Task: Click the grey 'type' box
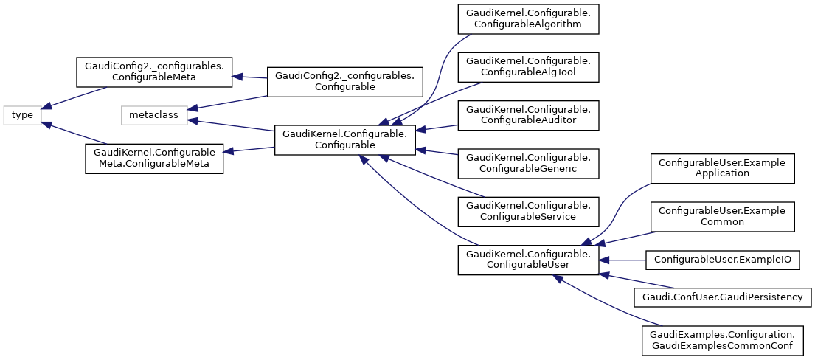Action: (x=22, y=115)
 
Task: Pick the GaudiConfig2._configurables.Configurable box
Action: (x=344, y=81)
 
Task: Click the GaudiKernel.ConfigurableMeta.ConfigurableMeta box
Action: (x=153, y=159)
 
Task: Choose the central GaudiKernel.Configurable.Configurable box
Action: (x=344, y=139)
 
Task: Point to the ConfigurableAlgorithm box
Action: (x=527, y=19)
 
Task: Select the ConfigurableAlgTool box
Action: (x=527, y=66)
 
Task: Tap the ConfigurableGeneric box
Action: (x=527, y=163)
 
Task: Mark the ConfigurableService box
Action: (x=527, y=211)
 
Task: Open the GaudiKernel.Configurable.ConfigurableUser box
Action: (x=527, y=260)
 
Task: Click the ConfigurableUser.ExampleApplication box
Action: (x=721, y=168)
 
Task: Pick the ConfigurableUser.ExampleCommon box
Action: (x=721, y=216)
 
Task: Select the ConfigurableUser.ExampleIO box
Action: (x=721, y=259)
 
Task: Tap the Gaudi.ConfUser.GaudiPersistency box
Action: (x=723, y=297)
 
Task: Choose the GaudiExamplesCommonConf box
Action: (x=721, y=339)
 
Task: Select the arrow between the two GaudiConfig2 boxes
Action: (x=249, y=77)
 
